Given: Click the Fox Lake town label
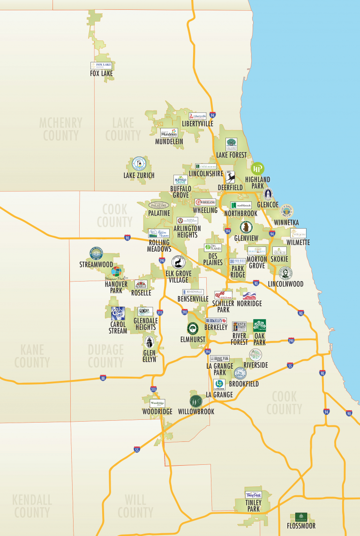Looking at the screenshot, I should [101, 74].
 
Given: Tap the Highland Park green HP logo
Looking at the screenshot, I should [258, 169].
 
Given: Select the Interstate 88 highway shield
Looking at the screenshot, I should [103, 378].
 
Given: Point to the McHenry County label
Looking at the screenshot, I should [60, 129].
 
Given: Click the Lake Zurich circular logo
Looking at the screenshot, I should [139, 164].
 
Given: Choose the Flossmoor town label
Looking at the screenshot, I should [301, 526].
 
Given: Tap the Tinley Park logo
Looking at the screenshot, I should [254, 495].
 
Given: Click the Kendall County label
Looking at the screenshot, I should [32, 506].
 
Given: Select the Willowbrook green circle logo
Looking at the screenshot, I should [196, 402].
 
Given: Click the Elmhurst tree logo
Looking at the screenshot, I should [193, 328].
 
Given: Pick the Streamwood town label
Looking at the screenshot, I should [96, 265].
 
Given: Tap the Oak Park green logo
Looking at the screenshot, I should [260, 326].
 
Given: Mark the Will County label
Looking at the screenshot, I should [135, 506].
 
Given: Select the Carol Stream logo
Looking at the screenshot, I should [118, 313].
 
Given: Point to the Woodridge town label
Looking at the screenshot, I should [157, 411].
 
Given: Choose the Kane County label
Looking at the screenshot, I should [32, 356].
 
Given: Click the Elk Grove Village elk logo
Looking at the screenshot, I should [179, 262].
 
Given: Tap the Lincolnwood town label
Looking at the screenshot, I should [285, 284].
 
